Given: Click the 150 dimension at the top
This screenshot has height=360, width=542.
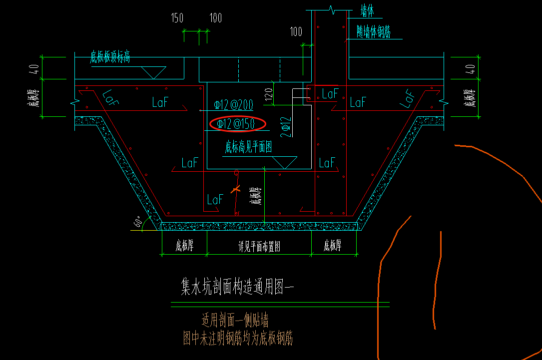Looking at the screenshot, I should [x=177, y=18].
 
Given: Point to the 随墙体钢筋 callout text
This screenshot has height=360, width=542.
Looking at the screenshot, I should [x=373, y=32].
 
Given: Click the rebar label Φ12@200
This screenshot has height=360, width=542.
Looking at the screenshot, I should [x=233, y=105].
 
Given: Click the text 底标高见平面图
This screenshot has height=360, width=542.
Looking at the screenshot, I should [x=248, y=147].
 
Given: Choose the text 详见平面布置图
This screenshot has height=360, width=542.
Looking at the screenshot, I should [x=258, y=247].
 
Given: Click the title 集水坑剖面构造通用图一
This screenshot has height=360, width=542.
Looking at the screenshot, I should [x=238, y=287].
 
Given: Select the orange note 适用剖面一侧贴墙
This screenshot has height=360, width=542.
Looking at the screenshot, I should [x=238, y=320].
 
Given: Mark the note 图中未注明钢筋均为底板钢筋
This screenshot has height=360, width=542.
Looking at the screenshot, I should [x=238, y=340].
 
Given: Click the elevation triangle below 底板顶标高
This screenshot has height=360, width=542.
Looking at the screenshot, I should [x=151, y=72].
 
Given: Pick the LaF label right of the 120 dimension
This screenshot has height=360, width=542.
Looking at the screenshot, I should [x=330, y=93].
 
